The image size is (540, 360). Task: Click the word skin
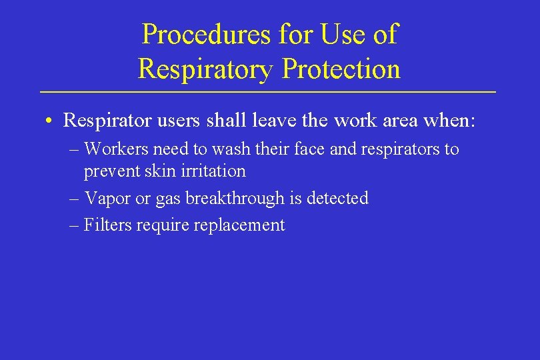150,171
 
